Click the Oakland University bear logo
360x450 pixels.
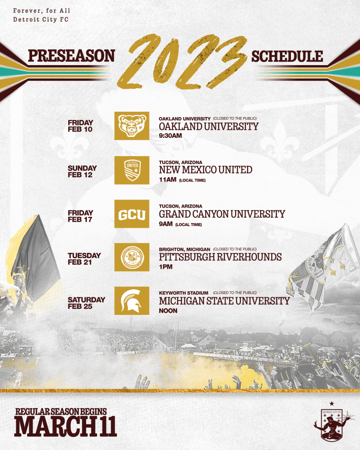[132, 126]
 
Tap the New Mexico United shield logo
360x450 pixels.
[132, 170]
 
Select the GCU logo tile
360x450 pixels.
[132, 214]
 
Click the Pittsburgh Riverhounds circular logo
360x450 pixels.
[132, 257]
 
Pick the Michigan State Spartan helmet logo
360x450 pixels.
[132, 301]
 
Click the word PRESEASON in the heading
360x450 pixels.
[71, 56]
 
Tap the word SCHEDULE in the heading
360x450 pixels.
[287, 57]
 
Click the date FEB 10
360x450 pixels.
[80, 129]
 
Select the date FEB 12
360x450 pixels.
[80, 175]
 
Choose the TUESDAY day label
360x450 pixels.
[84, 256]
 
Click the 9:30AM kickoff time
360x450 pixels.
[171, 136]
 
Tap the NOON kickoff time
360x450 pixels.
[168, 311]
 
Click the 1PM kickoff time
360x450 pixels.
[166, 267]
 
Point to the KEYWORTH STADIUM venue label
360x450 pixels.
[184, 293]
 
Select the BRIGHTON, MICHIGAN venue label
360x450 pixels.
[185, 249]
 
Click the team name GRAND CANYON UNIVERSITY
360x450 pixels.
[222, 214]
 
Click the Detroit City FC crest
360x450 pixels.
[331, 422]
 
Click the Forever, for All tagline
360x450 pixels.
[42, 11]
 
